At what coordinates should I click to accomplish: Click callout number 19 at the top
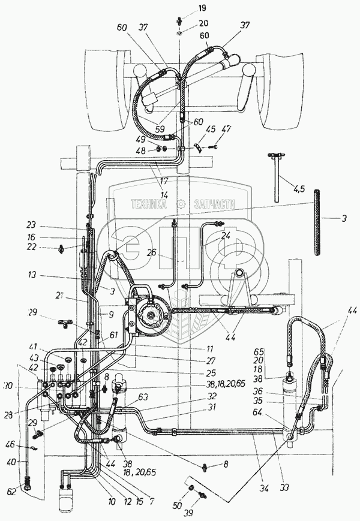pyautogui.click(x=185, y=8)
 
